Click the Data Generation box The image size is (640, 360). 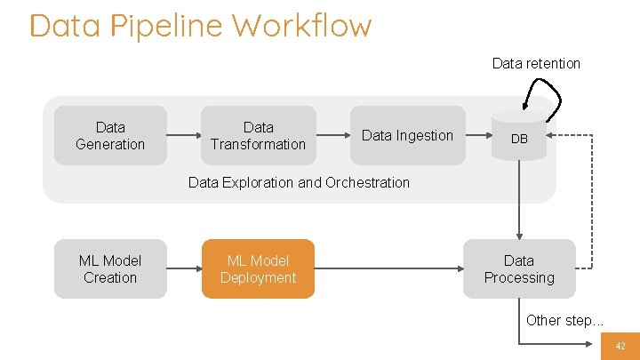pos(110,135)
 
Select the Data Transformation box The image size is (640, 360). pos(258,135)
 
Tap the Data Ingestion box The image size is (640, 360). pos(407,135)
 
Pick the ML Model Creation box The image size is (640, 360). pos(110,268)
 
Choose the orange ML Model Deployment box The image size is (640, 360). pos(258,268)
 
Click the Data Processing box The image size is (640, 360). pos(519,268)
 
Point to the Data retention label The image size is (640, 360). pos(536,63)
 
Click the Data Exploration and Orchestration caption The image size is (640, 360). pos(299,182)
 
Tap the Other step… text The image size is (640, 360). pos(564,320)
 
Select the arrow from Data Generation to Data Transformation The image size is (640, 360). pos(184,136)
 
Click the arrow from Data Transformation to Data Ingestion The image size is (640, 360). pos(332,136)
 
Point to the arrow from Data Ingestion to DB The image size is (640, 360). pos(480,136)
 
